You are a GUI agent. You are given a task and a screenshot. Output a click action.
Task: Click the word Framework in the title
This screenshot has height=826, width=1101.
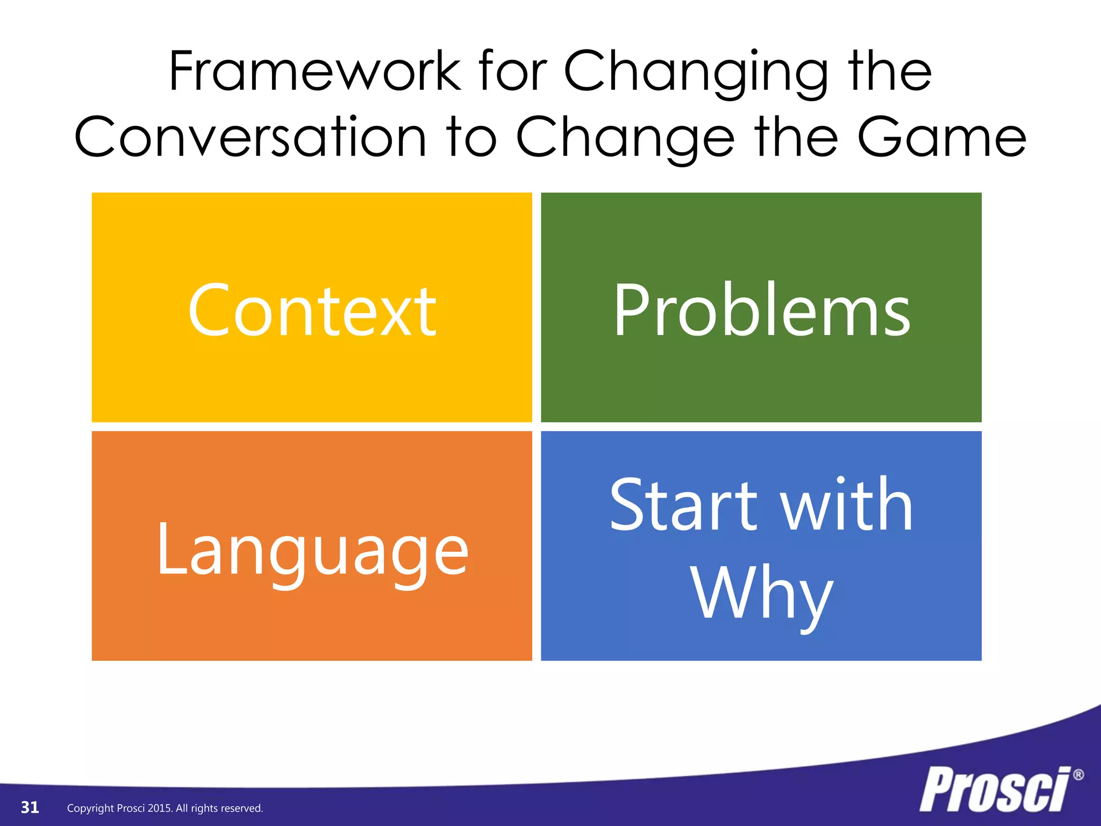pos(315,72)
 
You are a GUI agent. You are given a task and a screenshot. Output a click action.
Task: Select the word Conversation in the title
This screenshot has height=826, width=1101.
pos(251,138)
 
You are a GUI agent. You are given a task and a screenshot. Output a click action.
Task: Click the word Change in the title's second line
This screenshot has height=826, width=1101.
pos(625,139)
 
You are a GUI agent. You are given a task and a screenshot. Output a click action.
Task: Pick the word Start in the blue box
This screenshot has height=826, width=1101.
pos(683,505)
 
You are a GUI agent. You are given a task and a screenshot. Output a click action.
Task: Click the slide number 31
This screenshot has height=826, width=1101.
pos(30,807)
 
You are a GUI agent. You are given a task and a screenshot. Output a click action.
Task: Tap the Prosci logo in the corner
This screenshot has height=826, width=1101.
pos(995,789)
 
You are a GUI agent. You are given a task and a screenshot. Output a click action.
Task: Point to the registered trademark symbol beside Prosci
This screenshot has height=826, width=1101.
pos(1078,775)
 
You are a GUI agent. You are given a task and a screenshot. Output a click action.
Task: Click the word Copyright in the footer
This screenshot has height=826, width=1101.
pos(90,808)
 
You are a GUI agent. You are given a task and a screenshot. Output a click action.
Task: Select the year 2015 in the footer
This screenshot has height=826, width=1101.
pos(159,808)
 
